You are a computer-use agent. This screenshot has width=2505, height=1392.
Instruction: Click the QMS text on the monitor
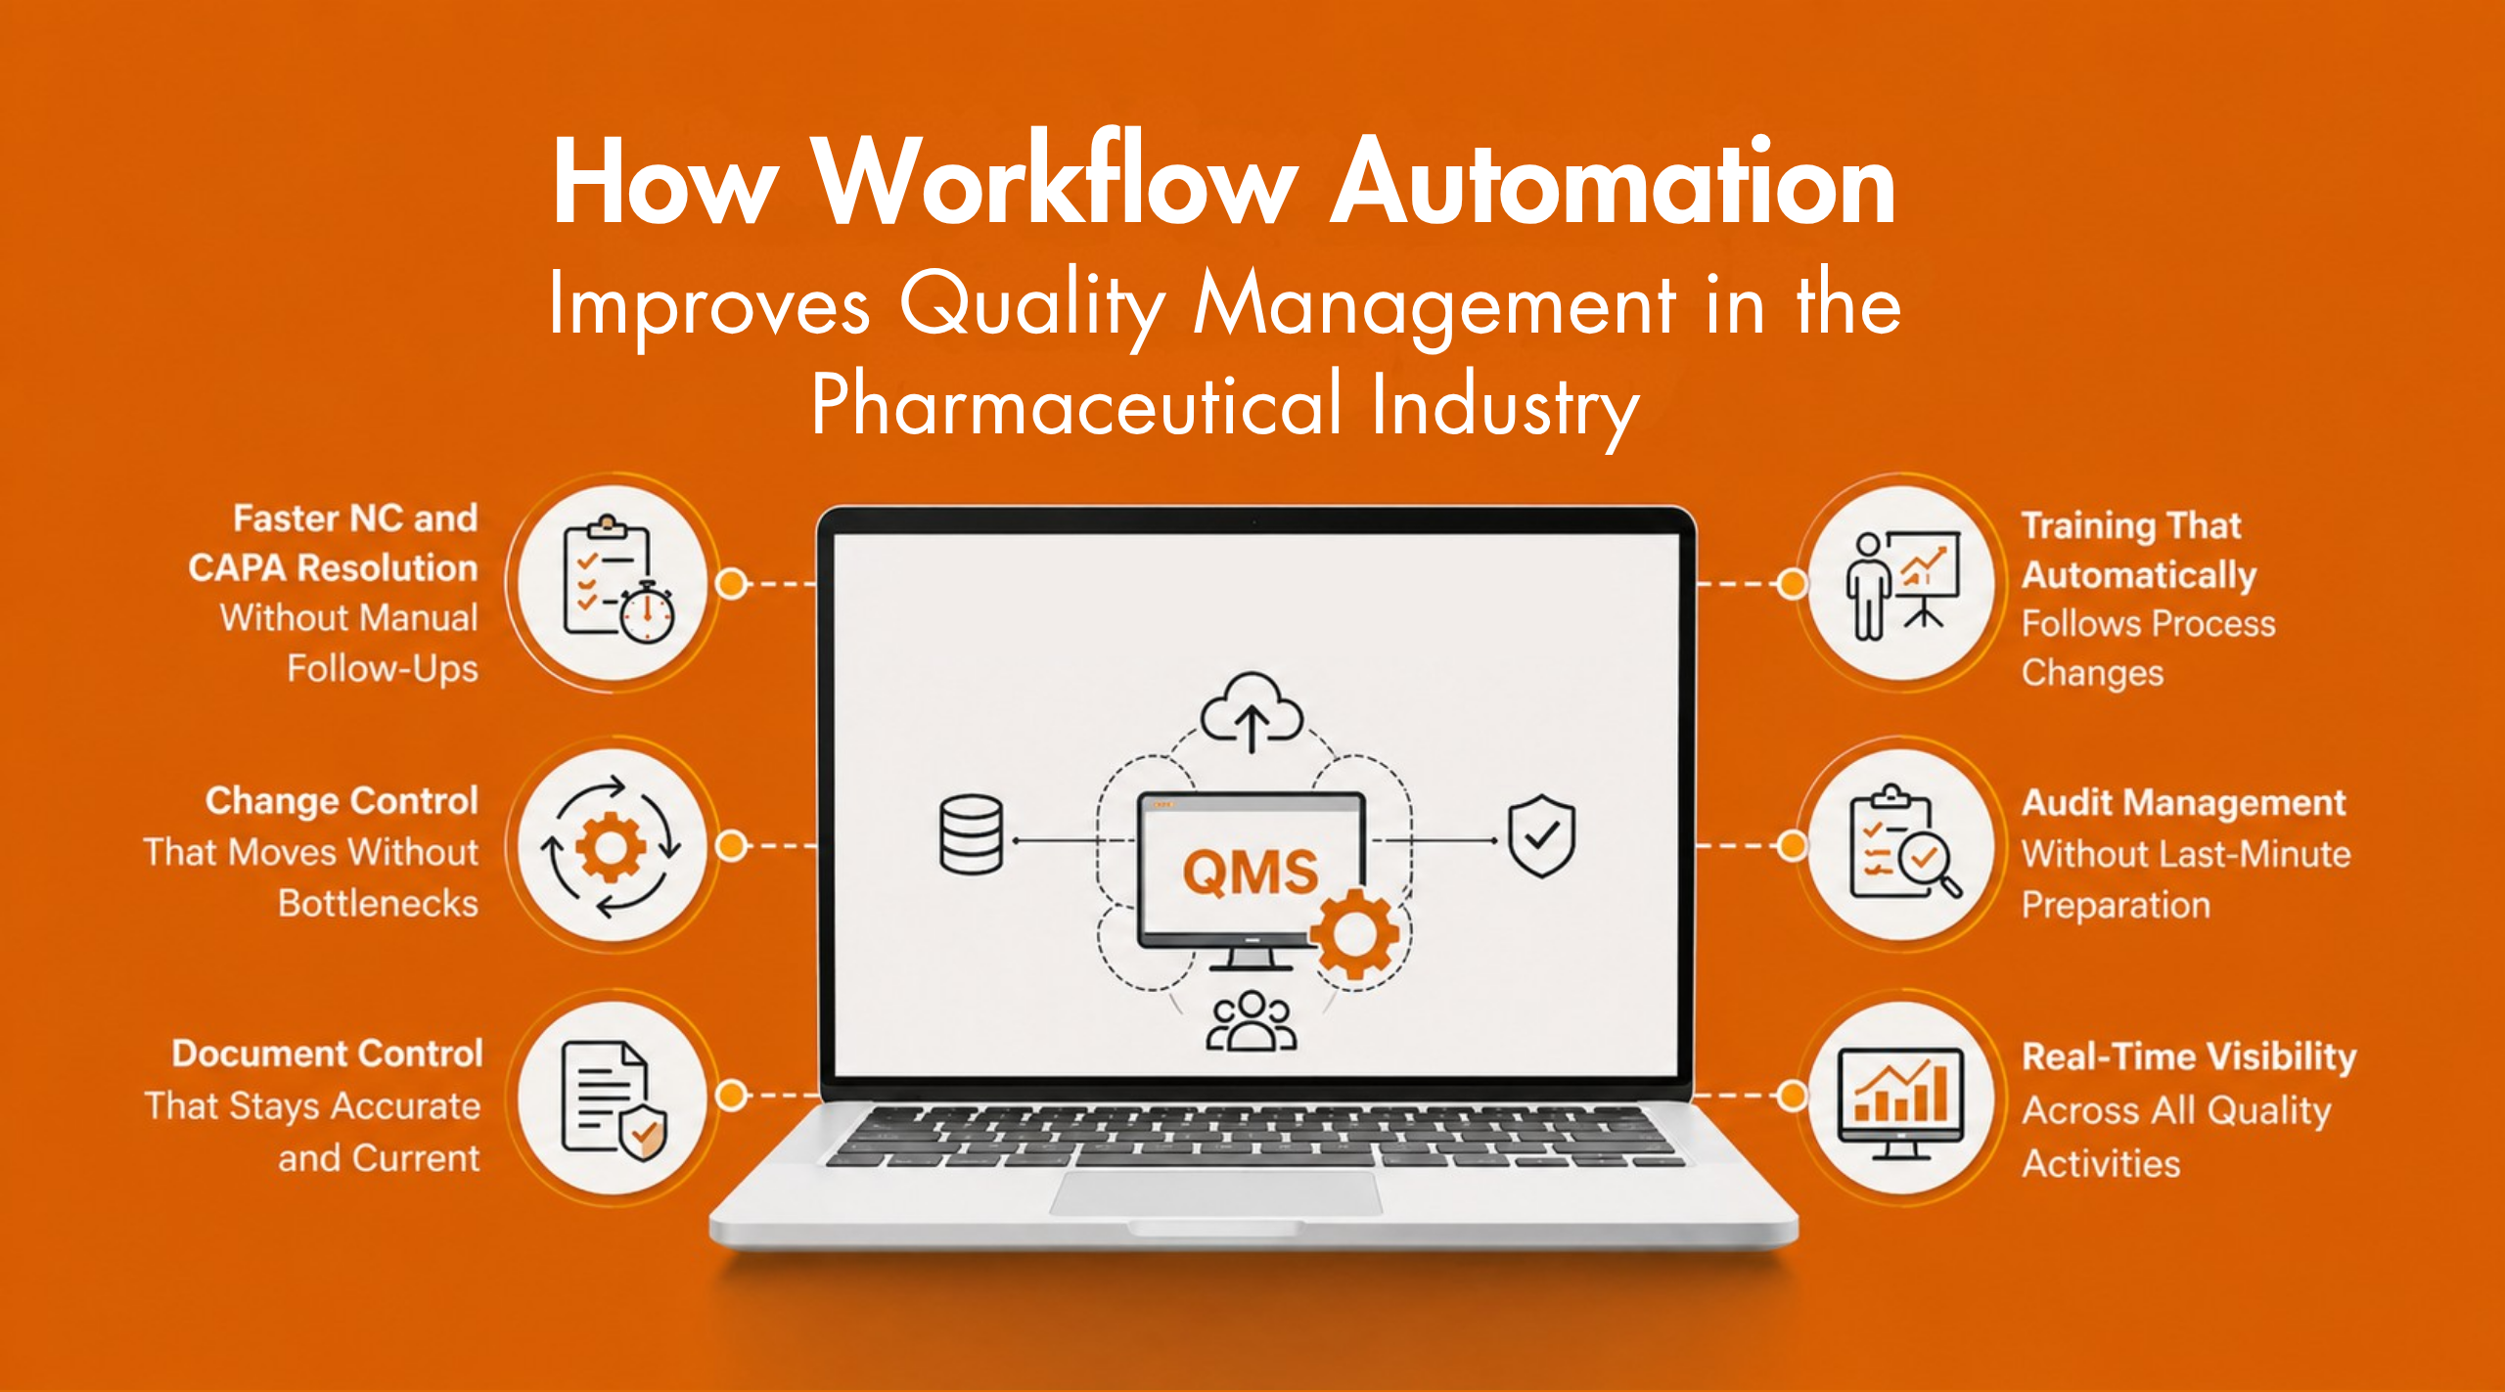pyautogui.click(x=1250, y=872)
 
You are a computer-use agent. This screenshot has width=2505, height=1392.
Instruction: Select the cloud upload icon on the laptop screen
pyautogui.click(x=1252, y=711)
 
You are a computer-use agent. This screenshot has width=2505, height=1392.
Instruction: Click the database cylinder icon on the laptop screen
pyautogui.click(x=971, y=834)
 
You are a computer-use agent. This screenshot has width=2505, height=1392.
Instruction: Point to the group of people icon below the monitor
pyautogui.click(x=1252, y=1021)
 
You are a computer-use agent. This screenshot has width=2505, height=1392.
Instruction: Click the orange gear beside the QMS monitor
pyautogui.click(x=1355, y=933)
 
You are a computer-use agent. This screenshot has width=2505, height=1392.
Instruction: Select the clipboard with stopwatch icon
pyautogui.click(x=615, y=581)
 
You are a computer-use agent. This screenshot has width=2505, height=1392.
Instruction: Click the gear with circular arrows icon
pyautogui.click(x=612, y=846)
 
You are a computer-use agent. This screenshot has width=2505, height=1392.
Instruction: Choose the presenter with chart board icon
pyautogui.click(x=1902, y=584)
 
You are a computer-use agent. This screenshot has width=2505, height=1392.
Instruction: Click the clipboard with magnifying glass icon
pyautogui.click(x=1902, y=843)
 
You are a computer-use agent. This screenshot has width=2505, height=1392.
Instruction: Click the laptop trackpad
pyautogui.click(x=1215, y=1191)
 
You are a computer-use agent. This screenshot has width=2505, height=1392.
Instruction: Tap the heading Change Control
pyautogui.click(x=342, y=801)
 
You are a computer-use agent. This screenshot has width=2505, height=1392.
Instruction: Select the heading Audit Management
pyautogui.click(x=2183, y=803)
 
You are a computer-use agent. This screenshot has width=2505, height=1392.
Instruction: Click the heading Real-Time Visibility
pyautogui.click(x=2189, y=1057)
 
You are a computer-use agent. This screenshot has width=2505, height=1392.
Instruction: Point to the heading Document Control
pyautogui.click(x=328, y=1054)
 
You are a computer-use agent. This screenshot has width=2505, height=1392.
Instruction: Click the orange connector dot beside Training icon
pyautogui.click(x=1792, y=584)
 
